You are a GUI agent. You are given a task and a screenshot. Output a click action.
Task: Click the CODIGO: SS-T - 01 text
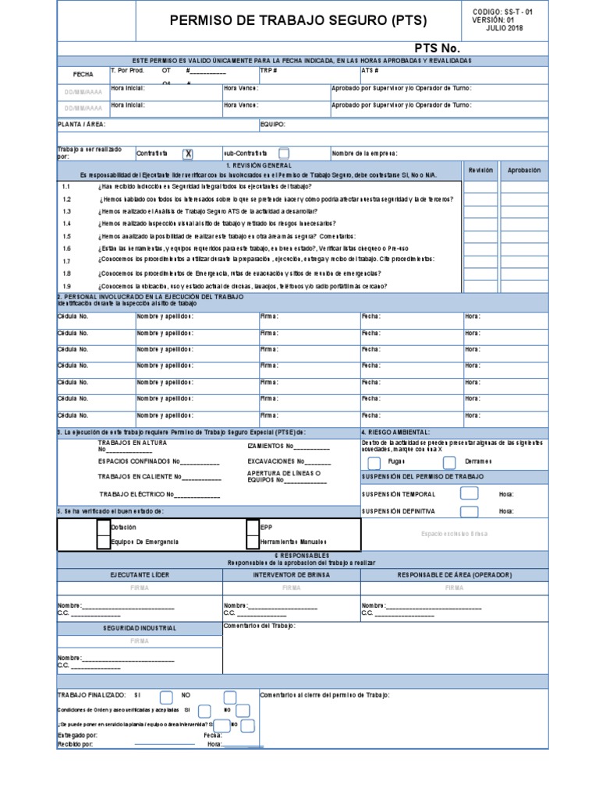(504, 12)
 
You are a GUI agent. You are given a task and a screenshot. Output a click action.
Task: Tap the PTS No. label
(442, 49)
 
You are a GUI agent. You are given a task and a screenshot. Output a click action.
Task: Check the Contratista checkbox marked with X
(187, 154)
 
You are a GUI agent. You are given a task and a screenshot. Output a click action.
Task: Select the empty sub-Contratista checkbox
(284, 154)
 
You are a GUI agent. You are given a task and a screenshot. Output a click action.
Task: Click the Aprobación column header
(523, 170)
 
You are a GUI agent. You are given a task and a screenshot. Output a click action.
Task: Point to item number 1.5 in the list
(66, 236)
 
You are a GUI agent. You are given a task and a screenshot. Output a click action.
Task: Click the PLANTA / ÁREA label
(82, 124)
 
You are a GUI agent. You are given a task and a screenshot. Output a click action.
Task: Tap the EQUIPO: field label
(272, 124)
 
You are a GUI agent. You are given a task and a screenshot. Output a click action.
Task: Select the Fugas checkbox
(374, 461)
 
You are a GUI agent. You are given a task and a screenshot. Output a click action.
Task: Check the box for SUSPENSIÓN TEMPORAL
(469, 493)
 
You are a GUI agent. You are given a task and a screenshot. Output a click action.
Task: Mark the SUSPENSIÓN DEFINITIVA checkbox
(469, 511)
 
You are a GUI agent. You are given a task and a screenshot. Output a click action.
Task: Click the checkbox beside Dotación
(104, 528)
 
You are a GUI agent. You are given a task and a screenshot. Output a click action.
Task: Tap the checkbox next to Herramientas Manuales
(252, 541)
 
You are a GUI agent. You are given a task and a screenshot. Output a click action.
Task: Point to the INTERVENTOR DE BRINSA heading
(291, 575)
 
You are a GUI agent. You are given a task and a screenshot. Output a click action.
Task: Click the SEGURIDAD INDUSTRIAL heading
(140, 627)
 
